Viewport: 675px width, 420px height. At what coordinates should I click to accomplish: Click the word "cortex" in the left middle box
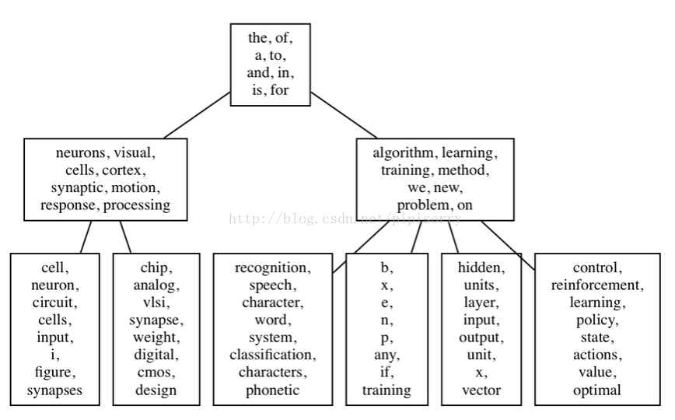point(125,170)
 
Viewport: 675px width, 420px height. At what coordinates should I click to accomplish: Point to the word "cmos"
point(156,373)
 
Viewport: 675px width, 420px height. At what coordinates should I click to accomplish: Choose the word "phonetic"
point(272,390)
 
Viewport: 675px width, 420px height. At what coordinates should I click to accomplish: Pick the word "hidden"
point(480,268)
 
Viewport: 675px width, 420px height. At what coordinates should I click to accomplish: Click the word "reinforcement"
point(596,285)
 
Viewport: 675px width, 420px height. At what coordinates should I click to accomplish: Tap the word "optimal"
point(596,390)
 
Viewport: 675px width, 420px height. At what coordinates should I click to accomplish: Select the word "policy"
point(596,320)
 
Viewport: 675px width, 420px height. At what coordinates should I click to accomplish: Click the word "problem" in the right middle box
point(420,205)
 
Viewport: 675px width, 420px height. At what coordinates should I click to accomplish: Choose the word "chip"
point(156,268)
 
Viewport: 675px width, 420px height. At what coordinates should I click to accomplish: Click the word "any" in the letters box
point(386,355)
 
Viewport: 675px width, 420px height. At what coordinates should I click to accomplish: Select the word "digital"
point(156,355)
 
